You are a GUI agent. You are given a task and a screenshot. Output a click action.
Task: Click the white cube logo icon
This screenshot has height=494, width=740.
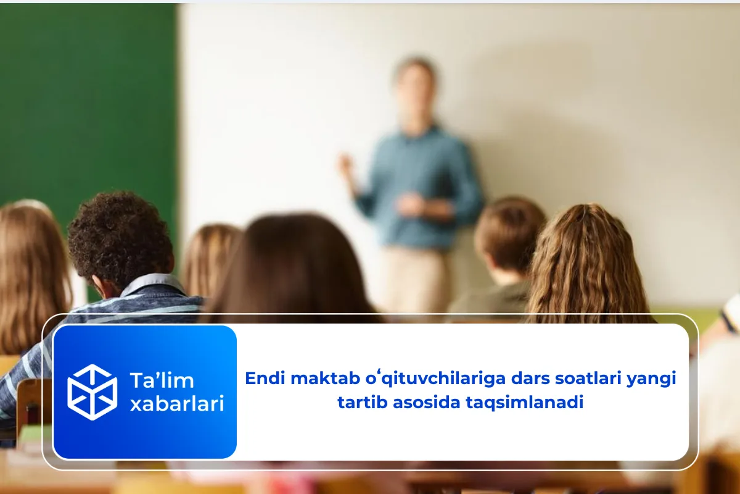click(x=92, y=392)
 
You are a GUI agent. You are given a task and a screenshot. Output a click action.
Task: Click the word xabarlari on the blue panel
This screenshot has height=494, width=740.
click(x=176, y=404)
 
